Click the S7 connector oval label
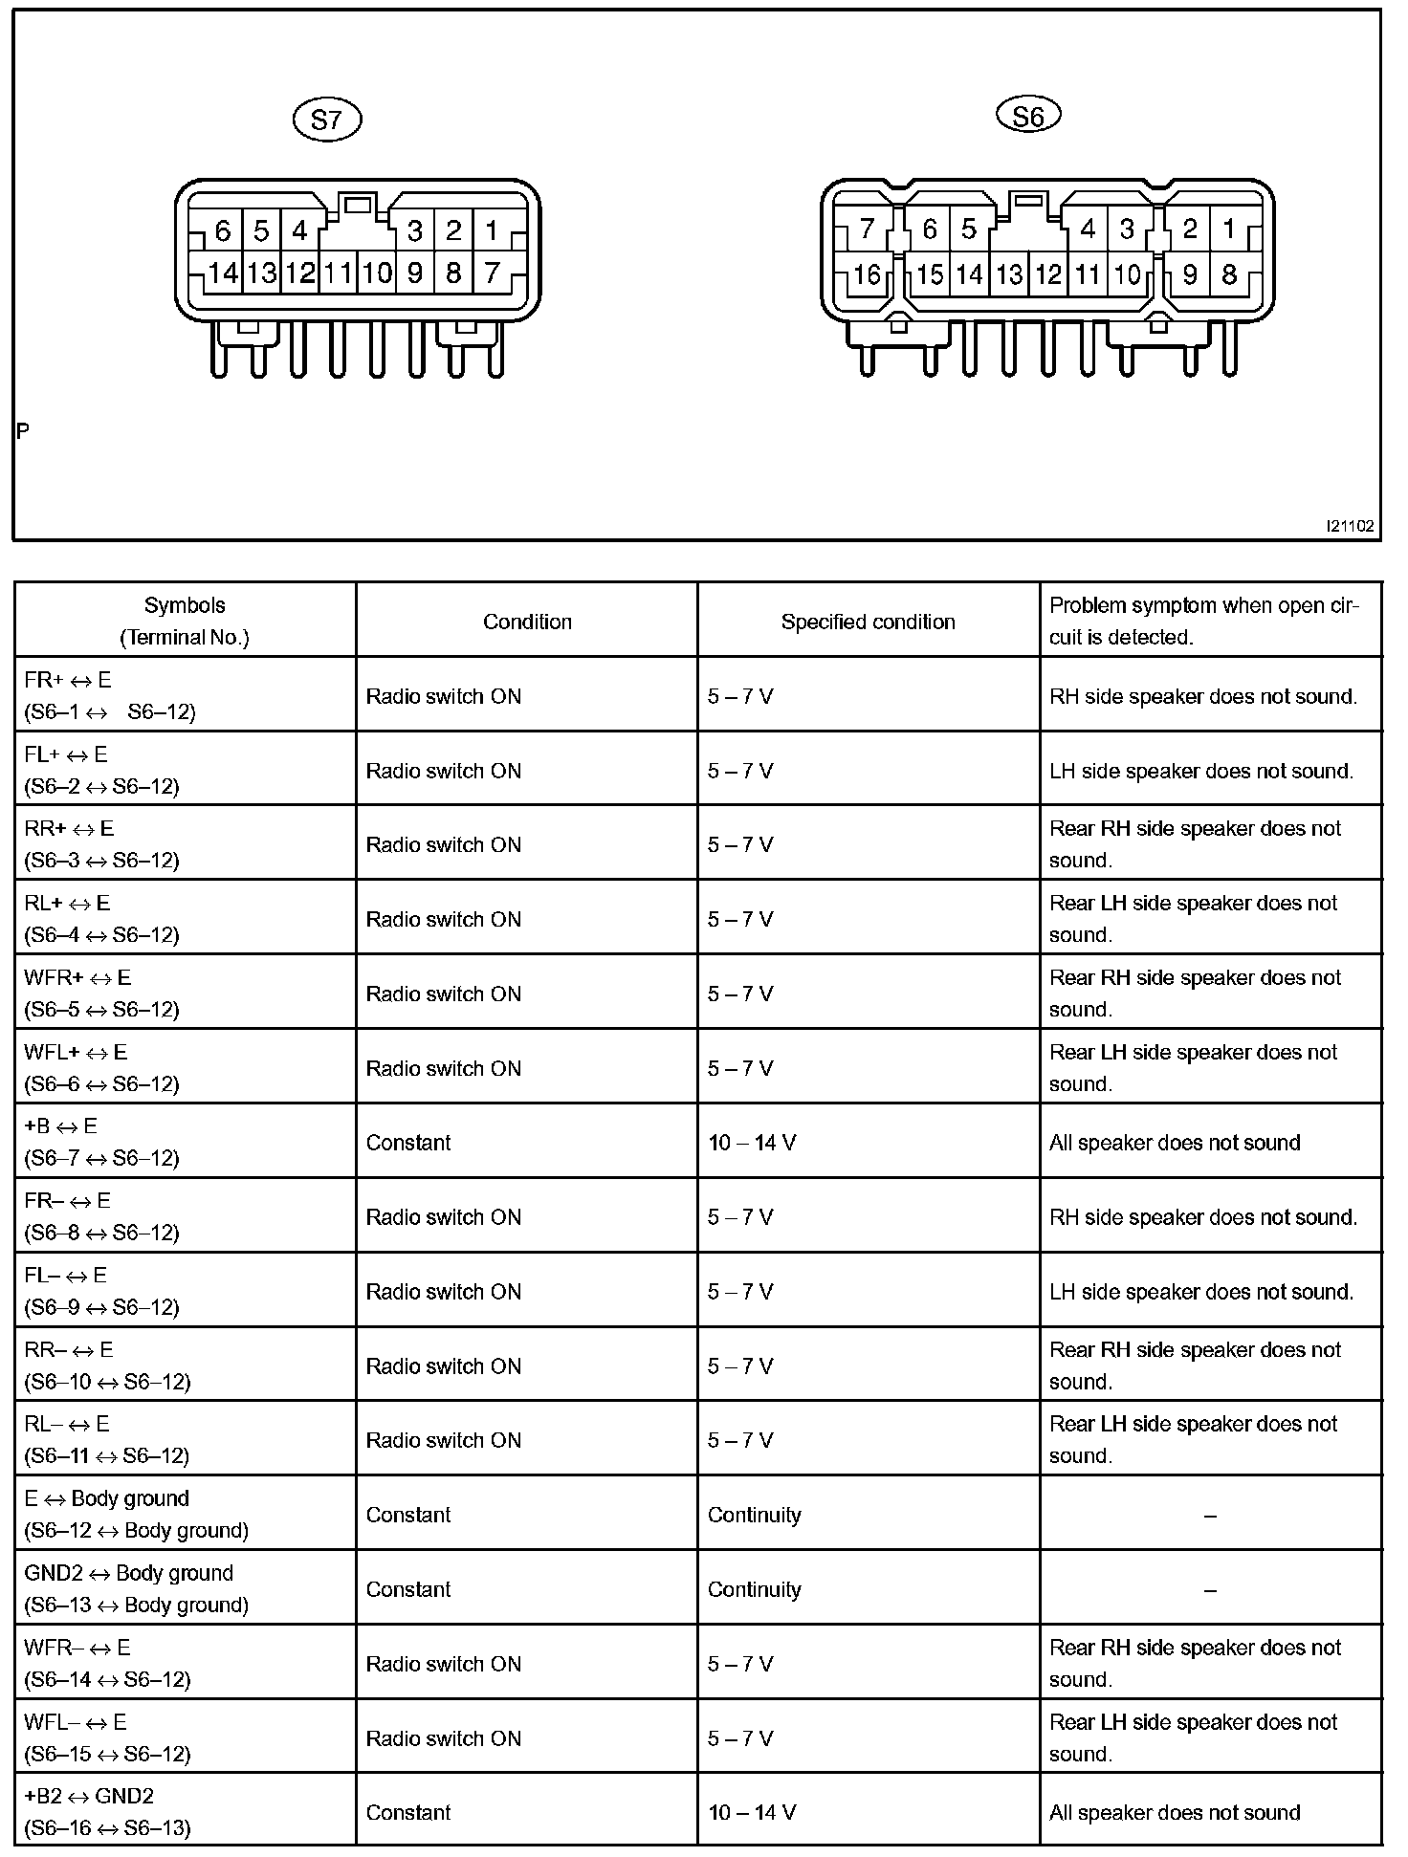(x=326, y=120)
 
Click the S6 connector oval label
(x=1028, y=116)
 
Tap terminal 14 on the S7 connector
(x=223, y=273)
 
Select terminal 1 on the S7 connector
(x=492, y=230)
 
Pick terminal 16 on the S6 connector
(x=867, y=275)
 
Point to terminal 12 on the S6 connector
(x=1048, y=275)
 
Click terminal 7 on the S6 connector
(x=867, y=229)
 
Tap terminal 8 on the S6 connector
(x=1229, y=275)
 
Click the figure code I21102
(x=1350, y=526)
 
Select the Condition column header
(x=527, y=622)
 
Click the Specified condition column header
(x=868, y=622)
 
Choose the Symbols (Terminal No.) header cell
(x=185, y=622)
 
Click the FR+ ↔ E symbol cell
(x=110, y=695)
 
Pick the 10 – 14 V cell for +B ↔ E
(x=752, y=1143)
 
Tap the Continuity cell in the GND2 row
(x=754, y=1589)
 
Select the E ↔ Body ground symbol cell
(x=136, y=1515)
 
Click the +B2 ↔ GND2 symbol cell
(x=107, y=1812)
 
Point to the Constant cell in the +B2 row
(x=408, y=1812)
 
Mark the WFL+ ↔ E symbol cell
(x=101, y=1067)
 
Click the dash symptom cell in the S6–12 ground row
(x=1210, y=1516)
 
